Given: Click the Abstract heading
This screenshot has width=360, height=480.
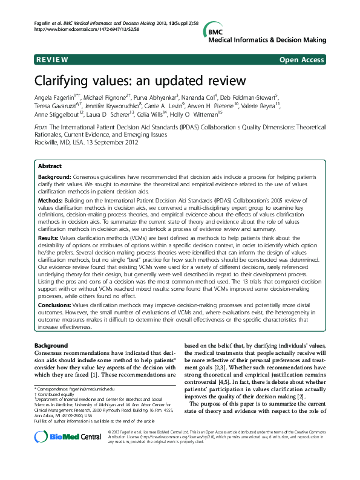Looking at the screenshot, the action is click(49, 166).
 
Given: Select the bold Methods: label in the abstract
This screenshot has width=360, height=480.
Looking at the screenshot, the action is click(52, 199).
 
